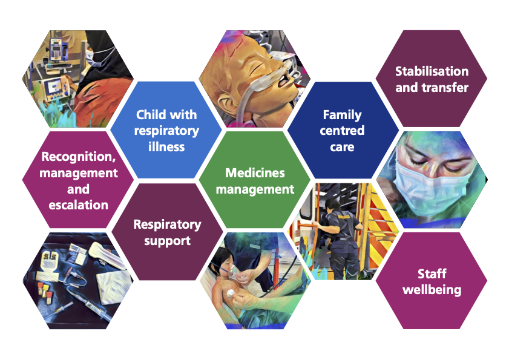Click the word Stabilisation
432,71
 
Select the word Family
342,115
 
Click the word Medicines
255,172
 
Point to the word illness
166,147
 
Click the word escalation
78,205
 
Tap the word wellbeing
432,290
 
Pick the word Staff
432,273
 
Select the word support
167,241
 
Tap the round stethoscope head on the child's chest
231,293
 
